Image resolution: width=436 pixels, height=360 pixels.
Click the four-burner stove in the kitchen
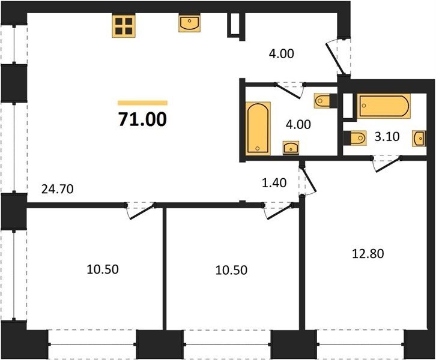pyautogui.click(x=124, y=26)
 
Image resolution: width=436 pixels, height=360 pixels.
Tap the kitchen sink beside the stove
pyautogui.click(x=189, y=23)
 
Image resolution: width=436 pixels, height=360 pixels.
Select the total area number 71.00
pyautogui.click(x=143, y=119)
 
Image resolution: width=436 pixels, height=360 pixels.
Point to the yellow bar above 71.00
pyautogui.click(x=143, y=103)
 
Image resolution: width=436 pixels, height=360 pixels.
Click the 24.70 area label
pyautogui.click(x=57, y=189)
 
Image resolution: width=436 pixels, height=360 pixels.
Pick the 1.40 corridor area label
pyautogui.click(x=274, y=183)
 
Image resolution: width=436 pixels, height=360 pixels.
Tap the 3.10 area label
pyautogui.click(x=387, y=137)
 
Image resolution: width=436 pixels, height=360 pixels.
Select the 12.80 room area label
pyautogui.click(x=368, y=254)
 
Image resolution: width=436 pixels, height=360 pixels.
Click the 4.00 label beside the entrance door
pyautogui.click(x=282, y=53)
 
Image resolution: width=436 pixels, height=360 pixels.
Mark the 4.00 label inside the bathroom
pyautogui.click(x=298, y=124)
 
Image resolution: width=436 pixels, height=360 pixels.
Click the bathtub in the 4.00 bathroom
pyautogui.click(x=258, y=128)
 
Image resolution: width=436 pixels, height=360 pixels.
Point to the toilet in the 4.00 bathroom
pyautogui.click(x=325, y=100)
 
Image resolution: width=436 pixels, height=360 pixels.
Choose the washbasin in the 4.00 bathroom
pyautogui.click(x=291, y=147)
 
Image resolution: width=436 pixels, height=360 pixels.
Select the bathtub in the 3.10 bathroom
pyautogui.click(x=384, y=106)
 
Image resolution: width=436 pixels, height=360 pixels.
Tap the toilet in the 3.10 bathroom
pyautogui.click(x=355, y=138)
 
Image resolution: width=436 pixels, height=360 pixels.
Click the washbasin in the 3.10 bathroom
pyautogui.click(x=419, y=139)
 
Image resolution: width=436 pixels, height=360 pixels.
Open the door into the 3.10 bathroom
pyautogui.click(x=387, y=164)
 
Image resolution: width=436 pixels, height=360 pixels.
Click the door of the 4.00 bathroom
pyautogui.click(x=289, y=90)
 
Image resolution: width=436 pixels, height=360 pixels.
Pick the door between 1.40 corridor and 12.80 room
pyautogui.click(x=307, y=180)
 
